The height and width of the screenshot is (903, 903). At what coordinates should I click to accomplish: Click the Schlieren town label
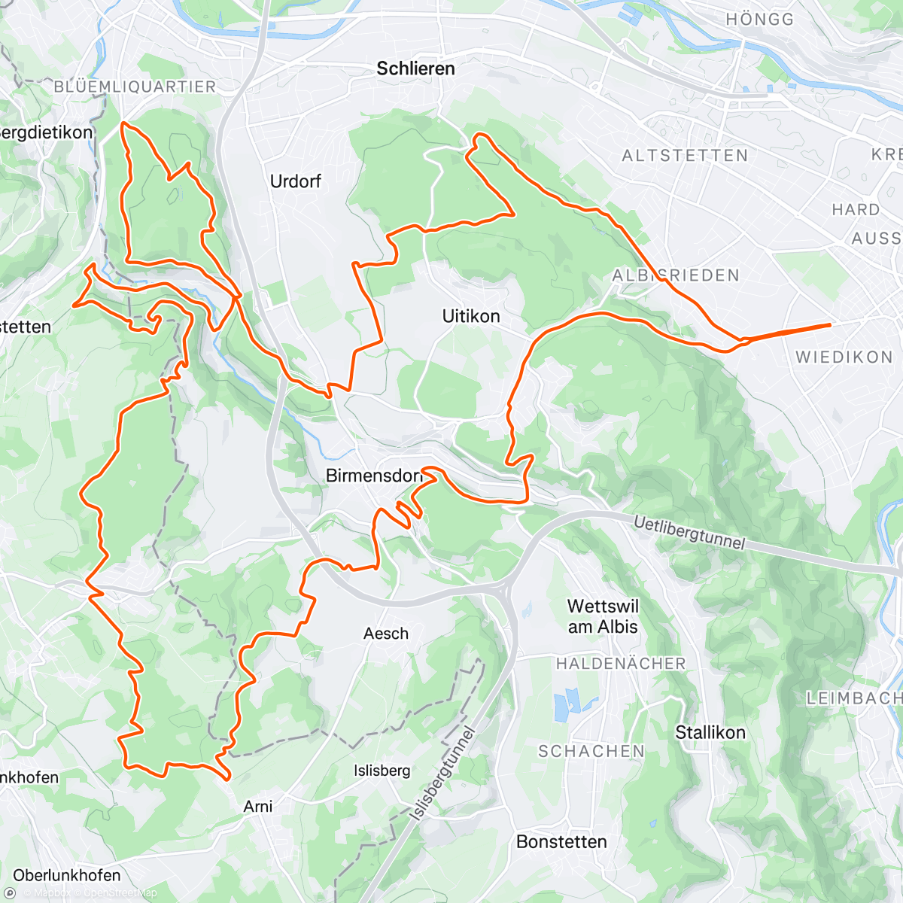[x=415, y=68]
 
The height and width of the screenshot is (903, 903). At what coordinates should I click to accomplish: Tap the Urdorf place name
[x=296, y=181]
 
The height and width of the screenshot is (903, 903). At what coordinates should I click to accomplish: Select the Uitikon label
[x=471, y=316]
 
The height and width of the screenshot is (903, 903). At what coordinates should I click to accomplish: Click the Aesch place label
[x=386, y=634]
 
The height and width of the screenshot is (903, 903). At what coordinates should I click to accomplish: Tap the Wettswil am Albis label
[x=603, y=616]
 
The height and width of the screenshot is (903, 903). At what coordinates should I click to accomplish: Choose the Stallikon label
[x=710, y=732]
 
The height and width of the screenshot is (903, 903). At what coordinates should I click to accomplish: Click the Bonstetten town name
[x=561, y=841]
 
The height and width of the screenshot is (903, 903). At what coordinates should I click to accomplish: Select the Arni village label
[x=258, y=806]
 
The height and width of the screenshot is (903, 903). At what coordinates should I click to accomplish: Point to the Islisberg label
[x=382, y=771]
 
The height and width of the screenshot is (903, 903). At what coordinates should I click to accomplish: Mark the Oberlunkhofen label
[x=67, y=875]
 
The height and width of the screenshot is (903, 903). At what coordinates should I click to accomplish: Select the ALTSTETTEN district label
[x=685, y=156]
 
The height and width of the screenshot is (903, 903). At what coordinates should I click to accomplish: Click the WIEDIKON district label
[x=844, y=357]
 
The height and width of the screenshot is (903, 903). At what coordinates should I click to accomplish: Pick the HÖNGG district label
[x=760, y=20]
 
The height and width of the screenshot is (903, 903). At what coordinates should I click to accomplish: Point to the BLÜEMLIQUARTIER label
[x=135, y=87]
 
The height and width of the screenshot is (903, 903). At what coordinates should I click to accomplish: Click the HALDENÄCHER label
[x=621, y=664]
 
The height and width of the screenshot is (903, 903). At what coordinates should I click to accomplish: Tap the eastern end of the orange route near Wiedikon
[x=829, y=324]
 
